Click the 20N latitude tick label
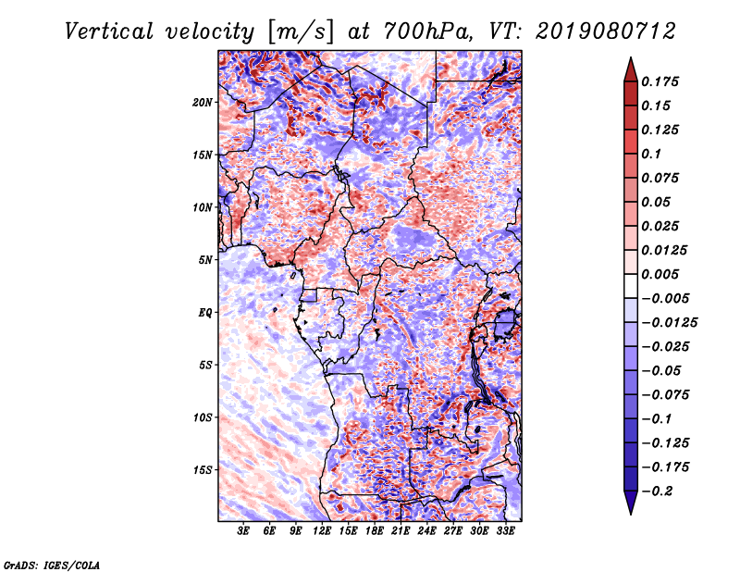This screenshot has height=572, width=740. [203, 102]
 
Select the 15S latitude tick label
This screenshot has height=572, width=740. [203, 470]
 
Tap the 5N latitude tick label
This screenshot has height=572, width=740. [205, 260]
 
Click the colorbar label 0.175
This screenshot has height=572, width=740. [661, 81]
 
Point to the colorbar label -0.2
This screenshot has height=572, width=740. [661, 491]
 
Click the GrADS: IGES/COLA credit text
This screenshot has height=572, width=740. [52, 564]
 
